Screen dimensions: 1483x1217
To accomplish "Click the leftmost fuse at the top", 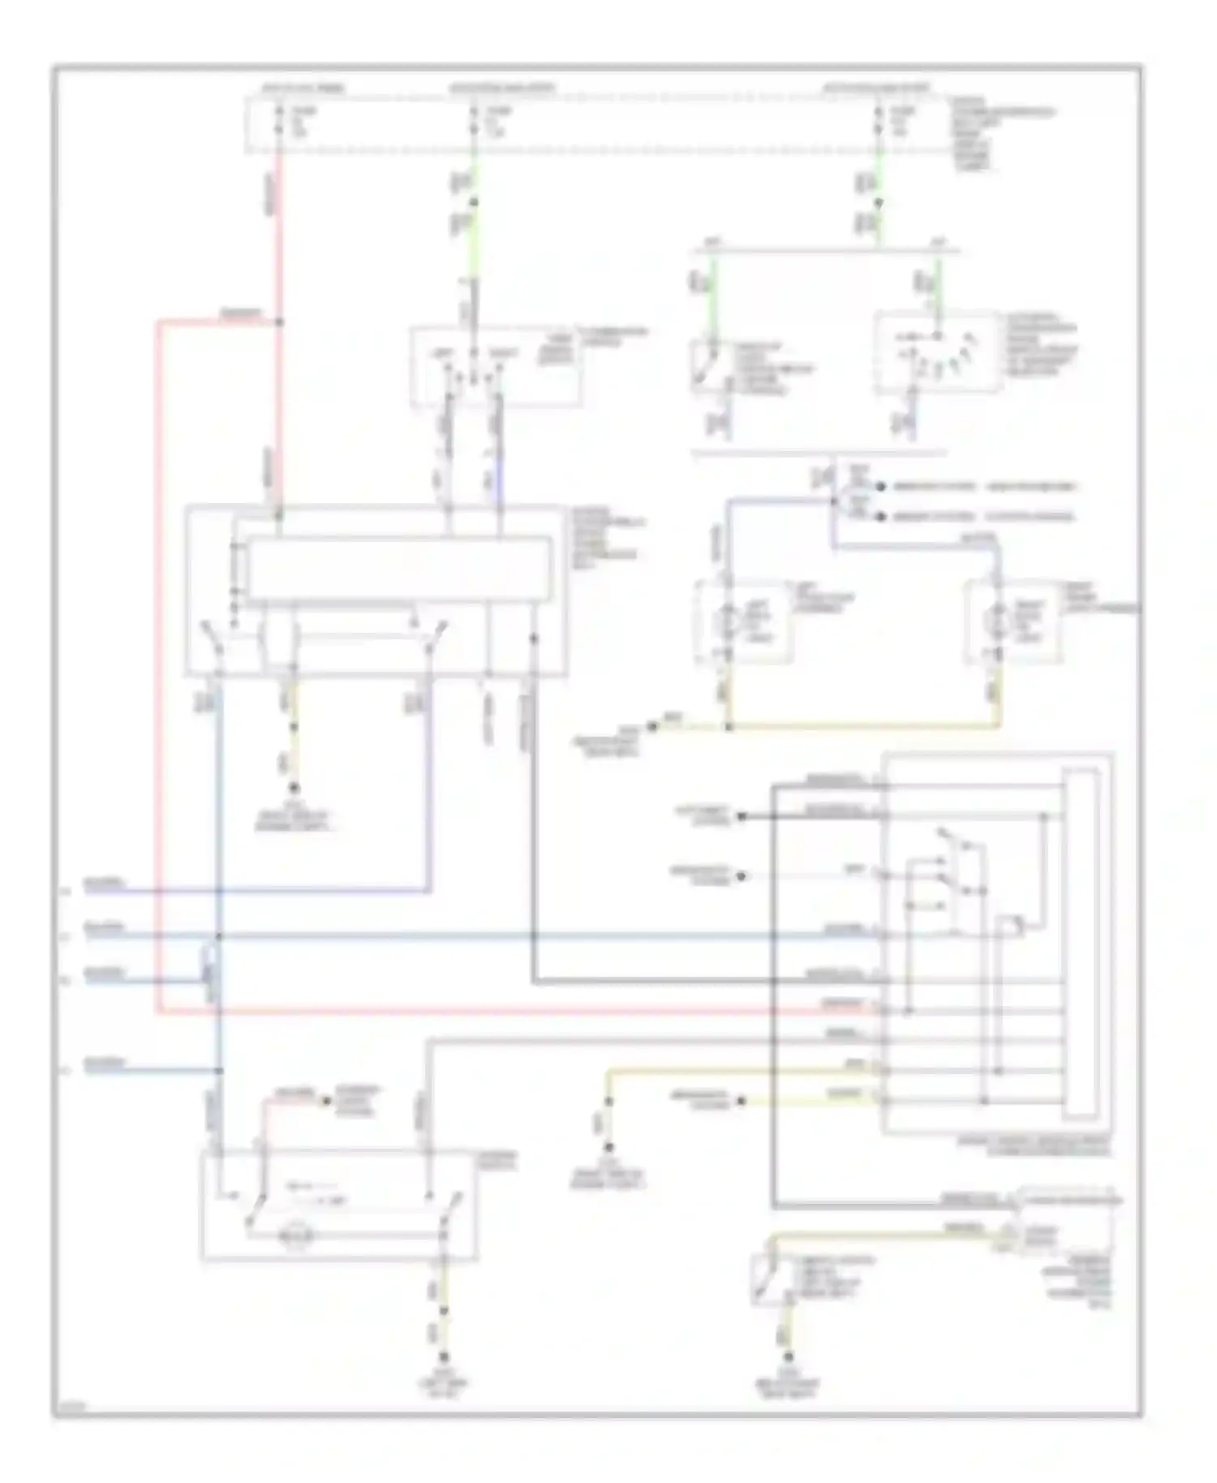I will tap(279, 121).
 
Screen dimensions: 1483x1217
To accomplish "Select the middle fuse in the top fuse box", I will tap(474, 121).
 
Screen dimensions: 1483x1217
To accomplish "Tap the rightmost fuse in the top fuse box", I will tap(878, 121).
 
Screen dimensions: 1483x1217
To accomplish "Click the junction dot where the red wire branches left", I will tap(279, 322).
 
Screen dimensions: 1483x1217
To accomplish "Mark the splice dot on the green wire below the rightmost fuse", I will tap(878, 204).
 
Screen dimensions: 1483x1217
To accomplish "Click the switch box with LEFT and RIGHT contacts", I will tap(496, 366).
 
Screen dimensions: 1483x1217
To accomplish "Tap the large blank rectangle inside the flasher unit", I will tap(398, 569).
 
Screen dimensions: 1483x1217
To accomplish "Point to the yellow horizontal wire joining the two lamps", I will tap(860, 726).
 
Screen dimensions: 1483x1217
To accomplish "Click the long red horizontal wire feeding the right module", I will tap(519, 1012).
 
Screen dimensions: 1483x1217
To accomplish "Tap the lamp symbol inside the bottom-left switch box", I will tap(290, 1236).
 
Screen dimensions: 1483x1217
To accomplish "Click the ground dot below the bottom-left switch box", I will tap(443, 1357).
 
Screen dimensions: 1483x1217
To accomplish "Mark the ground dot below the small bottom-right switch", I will tap(787, 1356).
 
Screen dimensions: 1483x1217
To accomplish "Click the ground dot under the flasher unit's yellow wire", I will tap(294, 788).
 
